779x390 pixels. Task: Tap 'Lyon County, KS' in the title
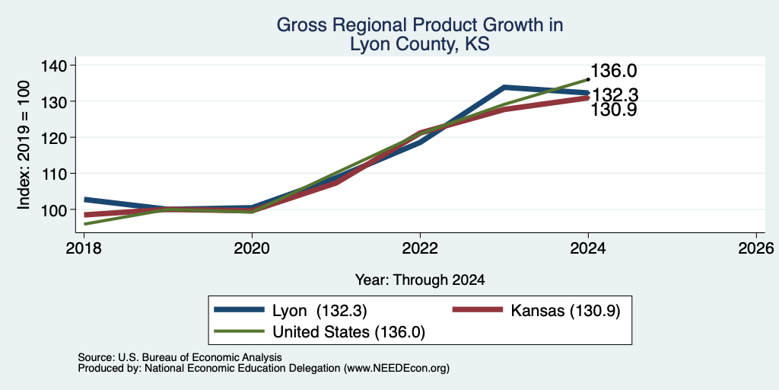click(x=420, y=44)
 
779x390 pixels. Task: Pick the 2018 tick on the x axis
click(x=84, y=248)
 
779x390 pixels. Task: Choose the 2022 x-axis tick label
click(x=420, y=248)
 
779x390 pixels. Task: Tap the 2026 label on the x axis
click(x=756, y=248)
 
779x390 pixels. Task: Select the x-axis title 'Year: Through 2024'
click(x=420, y=280)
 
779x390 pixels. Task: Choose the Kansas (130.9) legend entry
click(x=565, y=311)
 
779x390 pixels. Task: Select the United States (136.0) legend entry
click(x=348, y=332)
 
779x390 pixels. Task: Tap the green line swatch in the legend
click(x=239, y=331)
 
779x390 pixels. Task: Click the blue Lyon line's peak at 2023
click(x=504, y=87)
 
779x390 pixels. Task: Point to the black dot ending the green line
click(x=588, y=79)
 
